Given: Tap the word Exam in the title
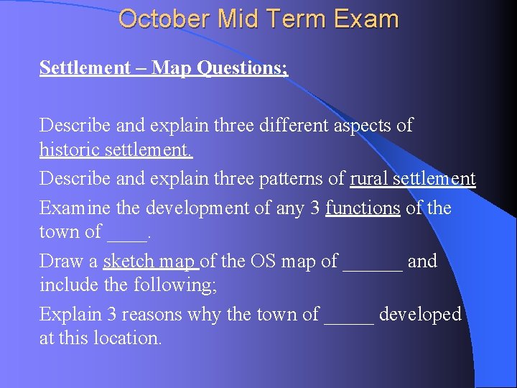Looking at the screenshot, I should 365,19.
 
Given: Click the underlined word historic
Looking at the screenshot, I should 71,152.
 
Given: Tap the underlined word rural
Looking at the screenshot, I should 371,179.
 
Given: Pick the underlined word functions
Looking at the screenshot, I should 363,208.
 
